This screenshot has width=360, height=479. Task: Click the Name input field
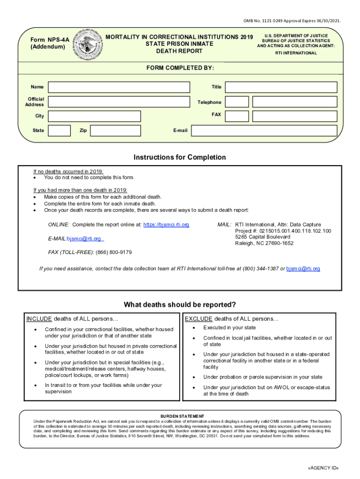click(119, 87)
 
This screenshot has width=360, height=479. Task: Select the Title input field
click(281, 87)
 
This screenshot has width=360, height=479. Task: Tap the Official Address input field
click(119, 102)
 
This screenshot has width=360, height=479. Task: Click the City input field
click(94, 116)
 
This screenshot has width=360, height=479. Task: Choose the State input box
click(60, 131)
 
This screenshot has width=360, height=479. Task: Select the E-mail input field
click(265, 131)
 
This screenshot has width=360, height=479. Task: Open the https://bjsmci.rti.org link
click(166, 225)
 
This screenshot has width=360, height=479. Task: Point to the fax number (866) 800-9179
click(114, 252)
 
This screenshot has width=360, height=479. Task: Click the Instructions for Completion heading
click(180, 157)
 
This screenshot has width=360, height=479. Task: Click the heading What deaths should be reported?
click(180, 305)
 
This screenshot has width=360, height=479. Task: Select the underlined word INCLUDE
click(39, 319)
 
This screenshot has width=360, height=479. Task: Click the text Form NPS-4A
click(49, 40)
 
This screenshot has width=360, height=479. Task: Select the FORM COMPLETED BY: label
click(180, 68)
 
